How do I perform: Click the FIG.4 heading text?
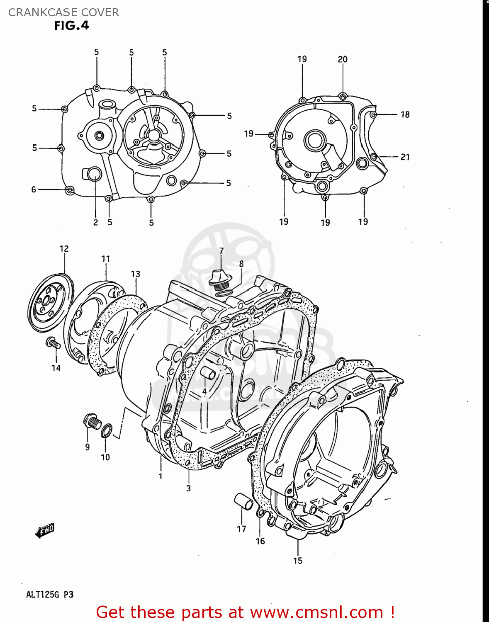coord(71,26)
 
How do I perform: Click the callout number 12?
coord(64,249)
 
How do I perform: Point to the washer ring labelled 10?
coord(107,431)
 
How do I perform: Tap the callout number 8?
coord(241,264)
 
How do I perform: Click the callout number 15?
coord(298,561)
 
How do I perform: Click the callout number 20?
coord(343,59)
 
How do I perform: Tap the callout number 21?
coord(405,157)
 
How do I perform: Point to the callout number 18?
coord(405,114)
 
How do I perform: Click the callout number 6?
coord(34,190)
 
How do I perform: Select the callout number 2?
coord(95,222)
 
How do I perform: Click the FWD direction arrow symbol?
coord(45,530)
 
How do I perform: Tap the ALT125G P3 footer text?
coord(50,595)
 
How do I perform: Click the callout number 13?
coord(136,274)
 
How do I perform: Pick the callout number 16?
coord(260,541)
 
